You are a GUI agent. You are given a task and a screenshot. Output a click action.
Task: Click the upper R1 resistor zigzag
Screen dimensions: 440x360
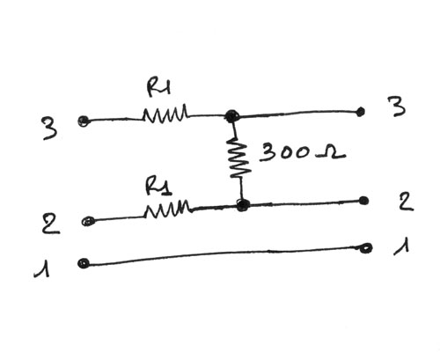pos(165,114)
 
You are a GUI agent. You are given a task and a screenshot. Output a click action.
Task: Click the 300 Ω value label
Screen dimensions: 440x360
pos(302,152)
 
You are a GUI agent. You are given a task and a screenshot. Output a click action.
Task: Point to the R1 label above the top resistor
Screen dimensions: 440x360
pos(158,87)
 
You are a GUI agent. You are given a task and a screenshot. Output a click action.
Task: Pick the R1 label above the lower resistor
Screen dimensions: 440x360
pos(158,186)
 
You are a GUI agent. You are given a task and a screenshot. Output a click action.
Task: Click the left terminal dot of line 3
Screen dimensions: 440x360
pos(84,121)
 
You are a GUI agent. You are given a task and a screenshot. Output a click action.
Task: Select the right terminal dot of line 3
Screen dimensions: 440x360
pos(361,112)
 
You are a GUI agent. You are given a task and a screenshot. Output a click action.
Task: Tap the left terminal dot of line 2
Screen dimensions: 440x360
pos(88,221)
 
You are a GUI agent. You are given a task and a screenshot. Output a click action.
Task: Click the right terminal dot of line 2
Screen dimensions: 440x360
pos(363,201)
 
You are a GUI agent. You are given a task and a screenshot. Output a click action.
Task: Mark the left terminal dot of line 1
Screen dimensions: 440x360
pos(84,263)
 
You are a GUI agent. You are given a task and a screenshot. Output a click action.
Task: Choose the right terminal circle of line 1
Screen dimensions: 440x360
pos(366,248)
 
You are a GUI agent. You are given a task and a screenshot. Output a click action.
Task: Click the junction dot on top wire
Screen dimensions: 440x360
pos(232,116)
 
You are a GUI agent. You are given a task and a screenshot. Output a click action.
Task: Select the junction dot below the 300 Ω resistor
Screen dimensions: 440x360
pos(243,204)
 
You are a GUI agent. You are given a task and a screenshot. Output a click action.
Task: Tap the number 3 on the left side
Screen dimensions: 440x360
pos(50,129)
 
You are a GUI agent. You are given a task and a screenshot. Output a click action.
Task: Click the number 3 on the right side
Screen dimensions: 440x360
pos(397,107)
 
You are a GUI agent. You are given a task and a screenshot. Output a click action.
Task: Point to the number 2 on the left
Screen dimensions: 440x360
pos(50,224)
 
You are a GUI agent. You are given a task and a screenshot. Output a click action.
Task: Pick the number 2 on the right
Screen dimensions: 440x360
pos(406,201)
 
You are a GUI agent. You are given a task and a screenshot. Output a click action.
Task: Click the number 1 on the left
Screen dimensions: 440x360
pos(43,268)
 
